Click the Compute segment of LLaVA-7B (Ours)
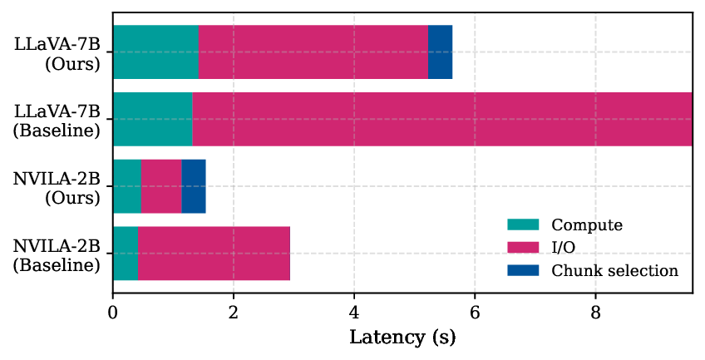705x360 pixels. (155, 52)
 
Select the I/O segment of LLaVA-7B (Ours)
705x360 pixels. (313, 52)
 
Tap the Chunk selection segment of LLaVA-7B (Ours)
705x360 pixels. (440, 52)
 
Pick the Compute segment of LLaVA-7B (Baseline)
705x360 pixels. (152, 119)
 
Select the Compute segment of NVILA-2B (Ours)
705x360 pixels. (126, 186)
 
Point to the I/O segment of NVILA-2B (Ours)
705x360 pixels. (161, 186)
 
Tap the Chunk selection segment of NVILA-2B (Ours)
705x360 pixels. (193, 186)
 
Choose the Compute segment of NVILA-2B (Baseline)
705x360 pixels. (125, 254)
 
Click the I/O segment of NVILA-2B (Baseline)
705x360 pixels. (214, 254)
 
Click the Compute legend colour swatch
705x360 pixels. (523, 224)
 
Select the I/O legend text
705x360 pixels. (564, 248)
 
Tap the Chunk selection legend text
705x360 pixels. (614, 271)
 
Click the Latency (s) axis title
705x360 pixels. (402, 338)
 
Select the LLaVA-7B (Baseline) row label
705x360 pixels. (57, 120)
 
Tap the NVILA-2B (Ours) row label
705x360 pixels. (57, 187)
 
